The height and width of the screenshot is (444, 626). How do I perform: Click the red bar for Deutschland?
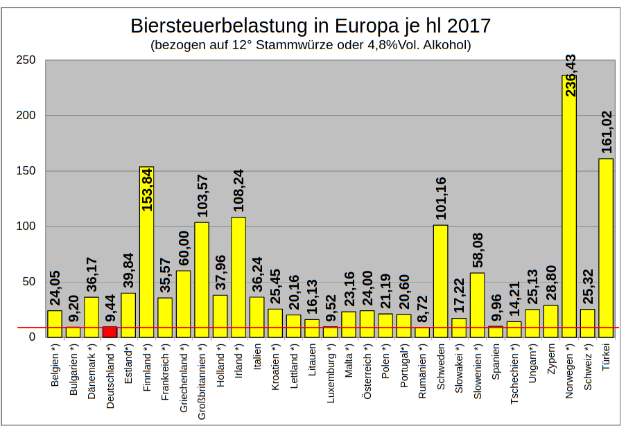pos(110,331)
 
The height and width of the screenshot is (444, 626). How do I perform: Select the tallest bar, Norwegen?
pos(569,208)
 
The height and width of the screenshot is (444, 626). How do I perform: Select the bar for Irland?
pos(238,277)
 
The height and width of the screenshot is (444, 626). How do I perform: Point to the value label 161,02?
pos(607,132)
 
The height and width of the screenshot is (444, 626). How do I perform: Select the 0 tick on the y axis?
pos(32,337)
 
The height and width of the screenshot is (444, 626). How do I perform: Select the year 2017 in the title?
pos(469,26)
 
